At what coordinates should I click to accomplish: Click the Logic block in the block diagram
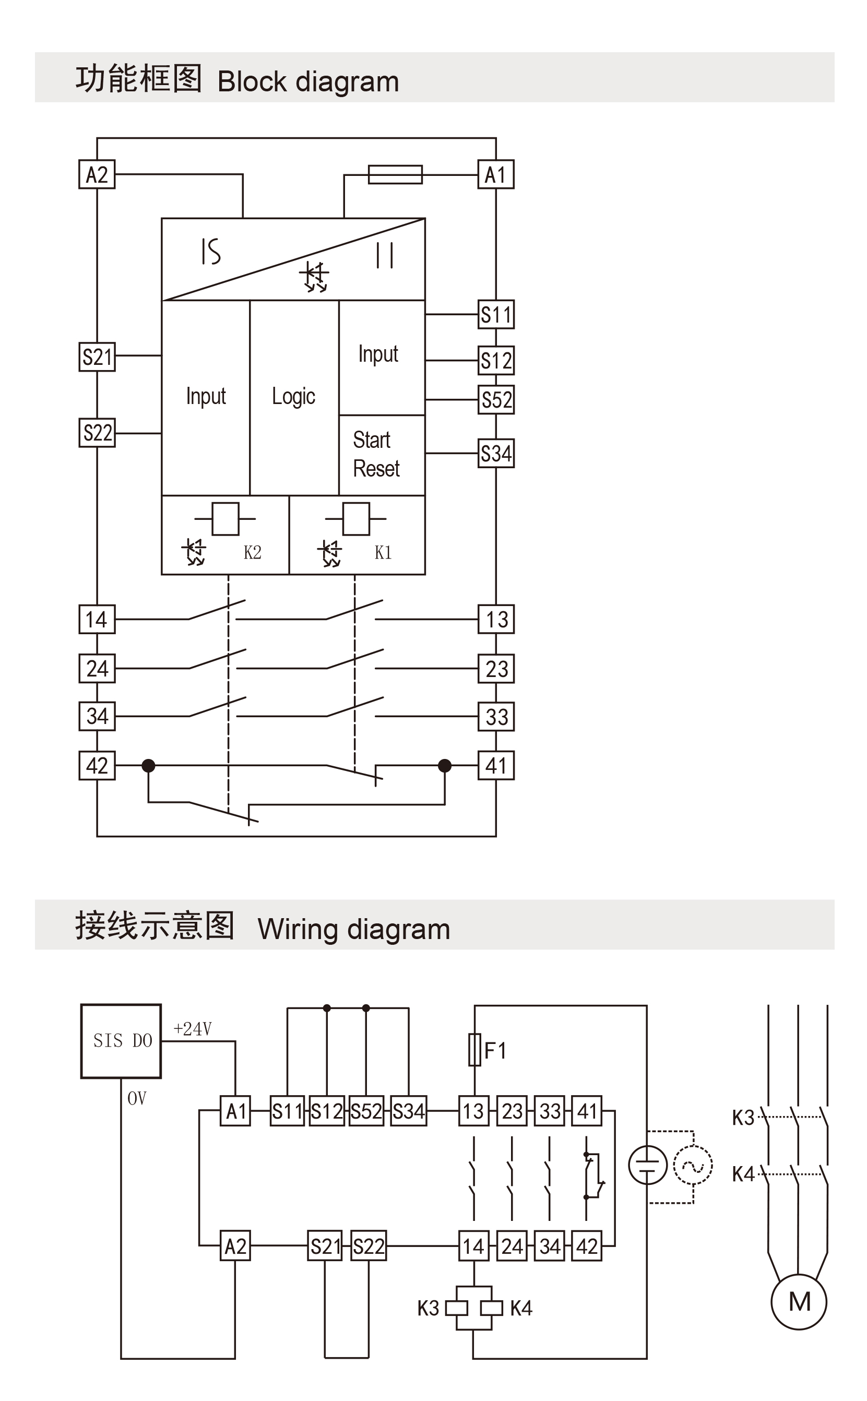click(x=293, y=397)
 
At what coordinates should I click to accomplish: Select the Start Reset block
click(x=376, y=455)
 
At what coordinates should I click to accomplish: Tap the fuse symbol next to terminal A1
click(x=395, y=174)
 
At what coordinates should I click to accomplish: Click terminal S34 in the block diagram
click(x=496, y=454)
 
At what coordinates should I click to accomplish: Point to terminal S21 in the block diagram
click(x=97, y=357)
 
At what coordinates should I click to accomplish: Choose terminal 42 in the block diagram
click(x=97, y=765)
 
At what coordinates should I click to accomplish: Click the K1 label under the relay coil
click(x=383, y=552)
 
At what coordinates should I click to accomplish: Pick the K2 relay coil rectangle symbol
click(x=225, y=519)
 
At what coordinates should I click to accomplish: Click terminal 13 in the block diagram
click(x=496, y=619)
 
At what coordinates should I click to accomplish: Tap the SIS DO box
click(x=121, y=1040)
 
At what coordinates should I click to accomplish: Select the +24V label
click(x=193, y=1029)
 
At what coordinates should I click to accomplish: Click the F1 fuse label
click(x=495, y=1051)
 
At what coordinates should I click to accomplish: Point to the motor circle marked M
click(x=799, y=1302)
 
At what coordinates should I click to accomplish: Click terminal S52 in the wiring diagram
click(x=366, y=1111)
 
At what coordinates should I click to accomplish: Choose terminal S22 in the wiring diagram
click(x=369, y=1246)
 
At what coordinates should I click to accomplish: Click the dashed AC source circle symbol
click(x=693, y=1165)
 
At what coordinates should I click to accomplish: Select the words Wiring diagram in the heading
click(x=354, y=929)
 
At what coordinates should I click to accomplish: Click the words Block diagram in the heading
click(x=308, y=81)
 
